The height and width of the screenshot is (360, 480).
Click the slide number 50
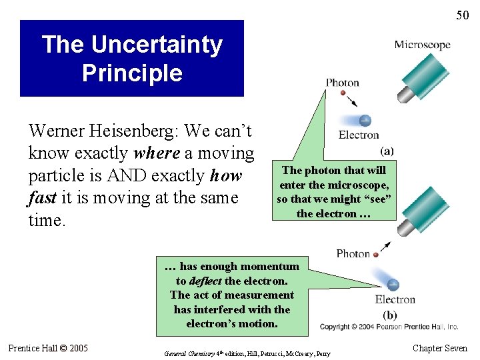(462, 15)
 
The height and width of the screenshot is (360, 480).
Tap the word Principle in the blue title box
(131, 73)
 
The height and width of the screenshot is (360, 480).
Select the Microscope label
(422, 45)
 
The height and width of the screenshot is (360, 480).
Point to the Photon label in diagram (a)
(342, 83)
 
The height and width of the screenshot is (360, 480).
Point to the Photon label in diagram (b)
(353, 253)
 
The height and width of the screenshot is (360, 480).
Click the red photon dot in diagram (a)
(343, 93)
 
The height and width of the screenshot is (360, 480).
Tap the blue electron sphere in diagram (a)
(365, 121)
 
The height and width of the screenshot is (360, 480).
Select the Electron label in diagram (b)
(395, 300)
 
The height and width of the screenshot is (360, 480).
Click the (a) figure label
(386, 151)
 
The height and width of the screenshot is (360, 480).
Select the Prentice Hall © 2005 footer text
(48, 348)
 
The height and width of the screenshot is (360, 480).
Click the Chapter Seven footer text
(440, 348)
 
